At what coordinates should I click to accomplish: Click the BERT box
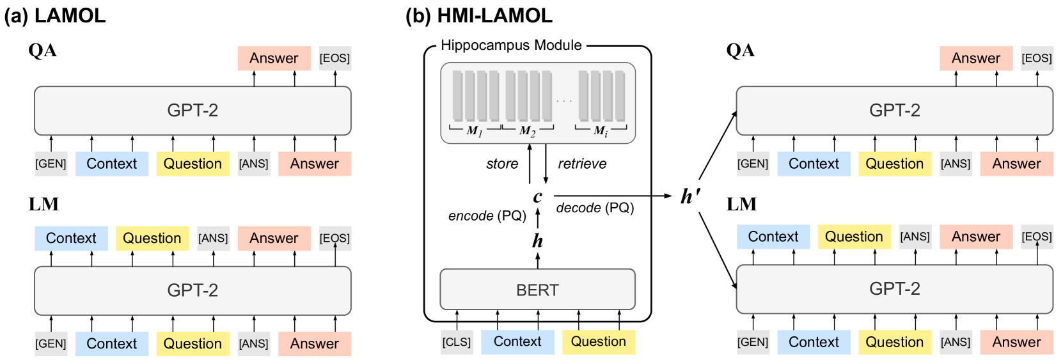point(537,290)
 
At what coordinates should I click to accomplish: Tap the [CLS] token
point(457,342)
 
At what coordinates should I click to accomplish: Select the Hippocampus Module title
point(511,45)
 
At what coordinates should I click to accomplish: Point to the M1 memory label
point(475,131)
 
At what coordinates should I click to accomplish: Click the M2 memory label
point(527,131)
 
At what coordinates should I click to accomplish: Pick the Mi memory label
point(601,131)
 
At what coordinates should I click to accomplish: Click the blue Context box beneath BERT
point(517,342)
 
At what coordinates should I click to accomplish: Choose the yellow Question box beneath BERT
point(598,342)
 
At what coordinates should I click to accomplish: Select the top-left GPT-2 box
point(193,111)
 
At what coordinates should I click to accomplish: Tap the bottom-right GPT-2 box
point(894,289)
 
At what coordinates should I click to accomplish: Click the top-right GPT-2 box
point(894,111)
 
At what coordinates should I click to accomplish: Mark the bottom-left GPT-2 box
point(193,290)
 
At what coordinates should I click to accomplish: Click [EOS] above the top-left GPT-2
point(335,58)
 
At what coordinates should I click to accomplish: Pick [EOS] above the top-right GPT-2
point(1036,58)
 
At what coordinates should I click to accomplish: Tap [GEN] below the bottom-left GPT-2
point(51,343)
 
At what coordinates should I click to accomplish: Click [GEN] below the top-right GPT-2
point(752,164)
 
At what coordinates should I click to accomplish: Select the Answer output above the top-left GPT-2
point(274,58)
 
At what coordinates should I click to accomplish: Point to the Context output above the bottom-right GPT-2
point(773,237)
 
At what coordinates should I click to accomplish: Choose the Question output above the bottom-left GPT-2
point(152,239)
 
